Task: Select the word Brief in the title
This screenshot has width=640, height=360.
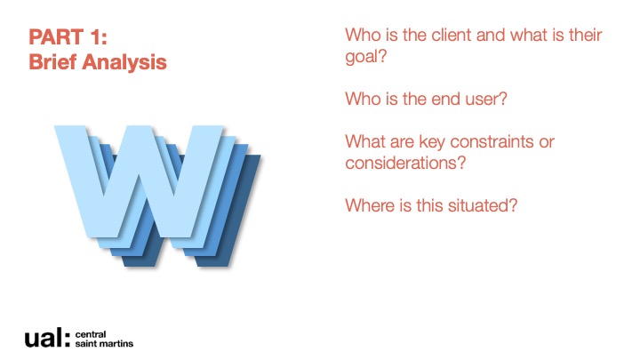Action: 52,62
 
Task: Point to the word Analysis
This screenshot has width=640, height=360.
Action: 124,62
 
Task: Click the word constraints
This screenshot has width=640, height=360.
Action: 492,142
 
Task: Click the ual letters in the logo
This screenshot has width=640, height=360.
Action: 47,338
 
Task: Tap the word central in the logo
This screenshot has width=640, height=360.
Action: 90,335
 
